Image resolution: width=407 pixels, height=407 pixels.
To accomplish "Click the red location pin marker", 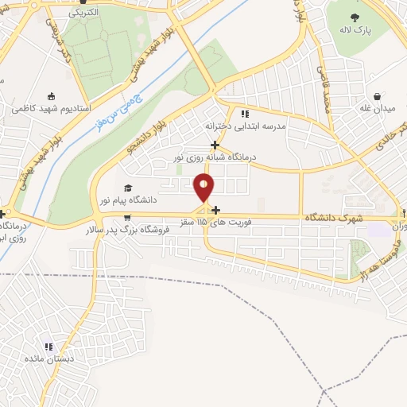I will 204,188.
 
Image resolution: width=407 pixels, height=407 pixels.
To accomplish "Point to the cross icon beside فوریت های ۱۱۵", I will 215,232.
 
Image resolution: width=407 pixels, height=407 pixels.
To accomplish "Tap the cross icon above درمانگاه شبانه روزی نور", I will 215,145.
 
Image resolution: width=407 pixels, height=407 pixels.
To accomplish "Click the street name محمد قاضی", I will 324,89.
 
